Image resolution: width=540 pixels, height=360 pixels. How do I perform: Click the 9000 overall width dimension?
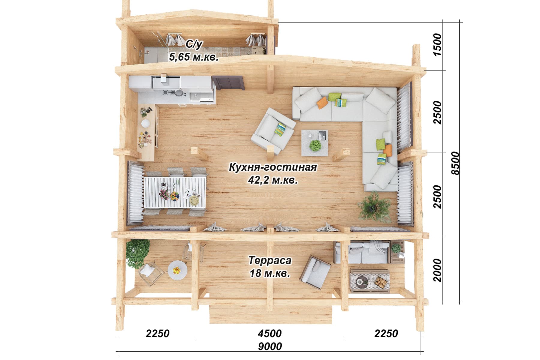pos(270,346)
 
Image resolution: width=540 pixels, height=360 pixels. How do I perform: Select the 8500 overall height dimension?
pos(455,163)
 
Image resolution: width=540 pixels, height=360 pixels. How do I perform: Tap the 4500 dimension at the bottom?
pos(270,333)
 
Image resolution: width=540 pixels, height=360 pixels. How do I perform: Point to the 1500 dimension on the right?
pos(437,44)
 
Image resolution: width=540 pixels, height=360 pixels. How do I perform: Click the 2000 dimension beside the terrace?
pos(437,270)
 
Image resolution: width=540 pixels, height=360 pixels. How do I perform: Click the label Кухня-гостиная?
pos(273,167)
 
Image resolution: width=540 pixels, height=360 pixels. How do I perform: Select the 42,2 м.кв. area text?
pos(273,180)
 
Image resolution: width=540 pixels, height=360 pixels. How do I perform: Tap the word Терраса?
pos(270,260)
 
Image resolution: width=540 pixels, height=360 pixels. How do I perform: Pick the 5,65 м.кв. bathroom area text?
pos(193,57)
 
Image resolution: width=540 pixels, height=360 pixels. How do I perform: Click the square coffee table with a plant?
pos(315,142)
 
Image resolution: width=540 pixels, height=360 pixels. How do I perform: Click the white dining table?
pos(175,192)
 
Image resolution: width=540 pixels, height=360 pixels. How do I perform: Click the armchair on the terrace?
pos(316,272)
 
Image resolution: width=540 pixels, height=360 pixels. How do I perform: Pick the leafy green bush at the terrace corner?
pos(137,254)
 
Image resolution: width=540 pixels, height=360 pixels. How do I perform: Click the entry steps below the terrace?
pos(271,314)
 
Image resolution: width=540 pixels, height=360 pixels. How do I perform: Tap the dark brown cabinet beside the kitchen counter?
pos(228,83)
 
